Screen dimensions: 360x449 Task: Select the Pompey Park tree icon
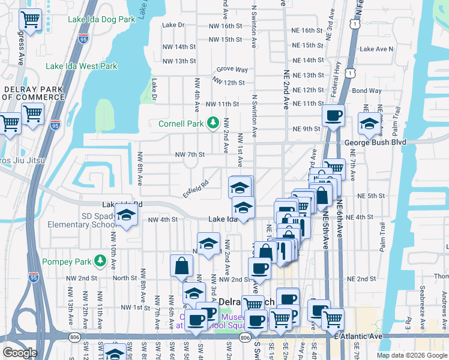click(101, 261)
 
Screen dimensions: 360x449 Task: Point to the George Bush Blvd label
click(376, 142)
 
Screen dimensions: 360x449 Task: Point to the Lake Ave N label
click(376, 49)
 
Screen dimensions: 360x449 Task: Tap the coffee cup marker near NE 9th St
click(333, 115)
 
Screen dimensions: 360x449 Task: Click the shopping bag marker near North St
click(181, 266)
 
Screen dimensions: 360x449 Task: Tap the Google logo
click(19, 353)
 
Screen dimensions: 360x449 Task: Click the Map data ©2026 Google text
click(411, 355)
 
